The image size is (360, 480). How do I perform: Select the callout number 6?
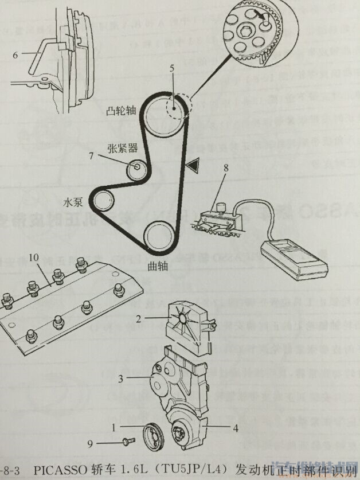pyautogui.click(x=15, y=55)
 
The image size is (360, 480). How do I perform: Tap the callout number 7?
pyautogui.click(x=91, y=155)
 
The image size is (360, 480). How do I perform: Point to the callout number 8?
pyautogui.click(x=226, y=169)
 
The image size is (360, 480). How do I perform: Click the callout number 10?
pyautogui.click(x=34, y=259)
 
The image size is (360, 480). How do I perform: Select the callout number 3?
pyautogui.click(x=122, y=378)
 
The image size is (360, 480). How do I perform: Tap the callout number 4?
pyautogui.click(x=235, y=427)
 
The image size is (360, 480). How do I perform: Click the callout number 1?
pyautogui.click(x=115, y=427)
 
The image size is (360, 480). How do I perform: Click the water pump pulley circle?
pyautogui.click(x=104, y=201)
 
